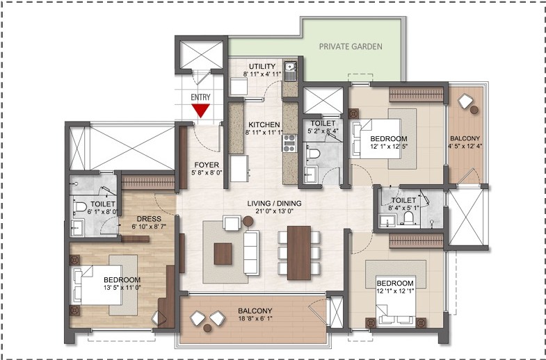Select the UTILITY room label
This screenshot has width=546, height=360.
pyautogui.click(x=262, y=66)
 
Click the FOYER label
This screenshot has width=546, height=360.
pyautogui.click(x=207, y=165)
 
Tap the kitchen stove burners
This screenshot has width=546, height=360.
pyautogui.click(x=289, y=143)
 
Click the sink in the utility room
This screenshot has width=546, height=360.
pyautogui.click(x=293, y=69)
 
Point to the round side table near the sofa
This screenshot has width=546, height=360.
pyautogui.click(x=249, y=222)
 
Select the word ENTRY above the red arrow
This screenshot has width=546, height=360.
pyautogui.click(x=200, y=97)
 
